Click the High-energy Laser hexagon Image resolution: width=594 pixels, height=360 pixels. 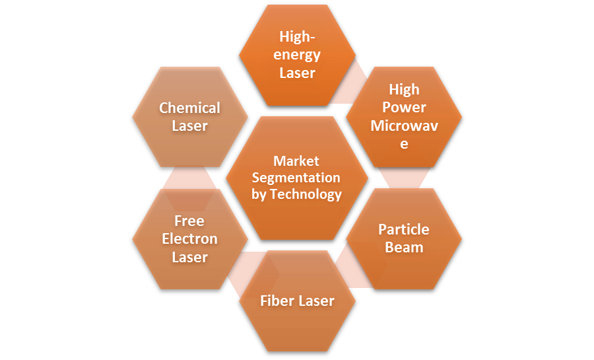tap(298, 55)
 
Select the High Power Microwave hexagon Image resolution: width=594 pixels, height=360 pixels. tap(404, 117)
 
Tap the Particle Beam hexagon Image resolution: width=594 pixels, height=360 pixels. tap(404, 239)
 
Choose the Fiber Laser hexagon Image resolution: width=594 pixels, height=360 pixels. tap(298, 301)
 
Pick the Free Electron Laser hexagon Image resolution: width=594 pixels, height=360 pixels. tap(190, 239)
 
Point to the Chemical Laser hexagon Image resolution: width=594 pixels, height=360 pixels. tap(190, 117)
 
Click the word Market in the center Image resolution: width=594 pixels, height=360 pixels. tap(296, 161)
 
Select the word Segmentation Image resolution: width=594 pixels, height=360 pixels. tap(296, 178)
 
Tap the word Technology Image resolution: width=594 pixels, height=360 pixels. tap(306, 194)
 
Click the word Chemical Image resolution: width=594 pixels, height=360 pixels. tap(189, 108)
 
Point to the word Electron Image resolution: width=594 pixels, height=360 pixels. tap(190, 239)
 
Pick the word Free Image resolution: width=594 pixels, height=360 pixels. tap(189, 221)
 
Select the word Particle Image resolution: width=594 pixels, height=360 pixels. tap(404, 230)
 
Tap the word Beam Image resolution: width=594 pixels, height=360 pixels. tap(404, 248)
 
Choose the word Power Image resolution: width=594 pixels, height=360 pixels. tap(404, 108)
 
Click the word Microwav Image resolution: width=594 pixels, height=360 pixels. tap(404, 126)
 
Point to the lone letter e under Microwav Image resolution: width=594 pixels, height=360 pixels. tap(404, 145)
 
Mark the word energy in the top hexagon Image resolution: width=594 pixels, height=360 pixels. tap(297, 55)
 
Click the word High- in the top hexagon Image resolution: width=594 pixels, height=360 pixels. tap(298, 37)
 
